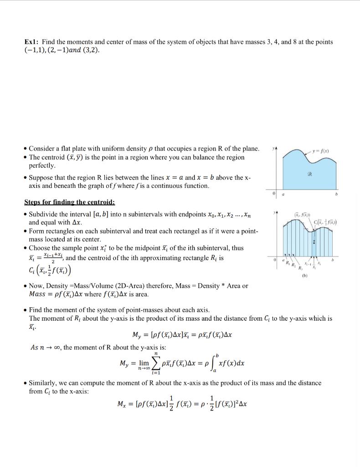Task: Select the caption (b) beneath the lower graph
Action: [x=313, y=275]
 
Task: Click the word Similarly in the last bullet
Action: [x=43, y=383]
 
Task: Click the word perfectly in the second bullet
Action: [x=42, y=165]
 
